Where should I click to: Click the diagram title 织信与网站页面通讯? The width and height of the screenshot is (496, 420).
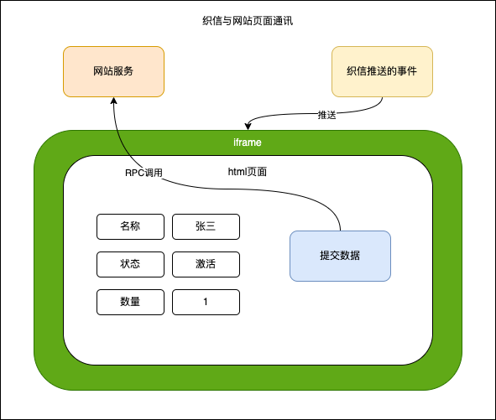click(248, 20)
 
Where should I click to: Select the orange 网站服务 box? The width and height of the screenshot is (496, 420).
click(113, 71)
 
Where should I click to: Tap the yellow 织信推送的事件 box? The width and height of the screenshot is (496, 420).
click(383, 71)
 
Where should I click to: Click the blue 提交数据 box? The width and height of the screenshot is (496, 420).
click(340, 256)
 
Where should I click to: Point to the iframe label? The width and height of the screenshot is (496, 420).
click(248, 143)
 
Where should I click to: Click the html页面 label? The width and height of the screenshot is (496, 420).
click(248, 172)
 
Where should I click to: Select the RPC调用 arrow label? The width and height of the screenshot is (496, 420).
click(143, 173)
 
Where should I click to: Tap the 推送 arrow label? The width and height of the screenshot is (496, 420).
click(327, 115)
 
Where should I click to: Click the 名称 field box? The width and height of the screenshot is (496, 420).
click(130, 226)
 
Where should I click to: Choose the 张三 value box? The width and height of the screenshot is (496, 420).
click(206, 226)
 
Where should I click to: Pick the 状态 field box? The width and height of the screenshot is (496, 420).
click(130, 264)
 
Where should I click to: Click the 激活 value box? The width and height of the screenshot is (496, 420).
click(206, 264)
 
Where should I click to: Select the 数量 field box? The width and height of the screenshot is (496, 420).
click(130, 302)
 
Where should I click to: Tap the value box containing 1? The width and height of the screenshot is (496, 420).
click(206, 302)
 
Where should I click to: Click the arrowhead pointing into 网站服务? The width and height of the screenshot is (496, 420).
click(113, 101)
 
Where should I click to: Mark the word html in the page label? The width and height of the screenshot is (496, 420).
click(238, 172)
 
